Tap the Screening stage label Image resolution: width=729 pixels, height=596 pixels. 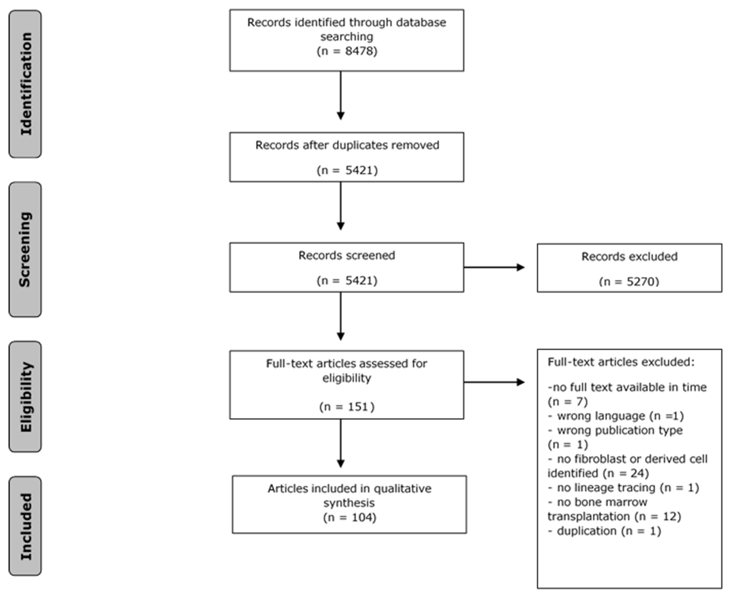click(25, 250)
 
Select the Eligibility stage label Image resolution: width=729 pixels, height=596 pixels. click(25, 397)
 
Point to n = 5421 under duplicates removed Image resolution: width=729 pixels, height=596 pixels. click(347, 170)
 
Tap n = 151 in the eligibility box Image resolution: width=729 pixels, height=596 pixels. click(347, 407)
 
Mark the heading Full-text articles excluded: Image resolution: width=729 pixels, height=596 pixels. click(621, 362)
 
